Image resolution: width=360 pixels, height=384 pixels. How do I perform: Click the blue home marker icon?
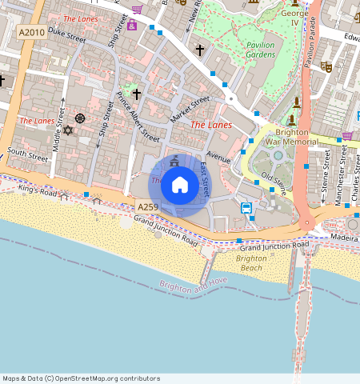[x=180, y=185]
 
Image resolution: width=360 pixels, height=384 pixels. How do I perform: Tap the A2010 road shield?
[x=31, y=32]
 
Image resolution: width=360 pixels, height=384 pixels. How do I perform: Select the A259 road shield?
[x=147, y=207]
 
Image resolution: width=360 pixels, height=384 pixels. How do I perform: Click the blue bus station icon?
[x=247, y=209]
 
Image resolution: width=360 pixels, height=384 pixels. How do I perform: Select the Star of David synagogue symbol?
[x=68, y=130]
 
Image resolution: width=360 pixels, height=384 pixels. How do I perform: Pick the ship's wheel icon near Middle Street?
[x=80, y=118]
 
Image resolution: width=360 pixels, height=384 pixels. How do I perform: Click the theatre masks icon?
[x=326, y=66]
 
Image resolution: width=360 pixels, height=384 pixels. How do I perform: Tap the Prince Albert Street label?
[x=138, y=117]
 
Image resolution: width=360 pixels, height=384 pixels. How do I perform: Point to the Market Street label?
[x=190, y=110]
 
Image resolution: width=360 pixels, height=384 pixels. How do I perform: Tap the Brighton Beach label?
[x=250, y=263]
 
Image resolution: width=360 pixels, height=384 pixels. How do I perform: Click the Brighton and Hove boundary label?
[x=194, y=286]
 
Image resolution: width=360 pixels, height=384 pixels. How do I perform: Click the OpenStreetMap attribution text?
[x=81, y=378]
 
